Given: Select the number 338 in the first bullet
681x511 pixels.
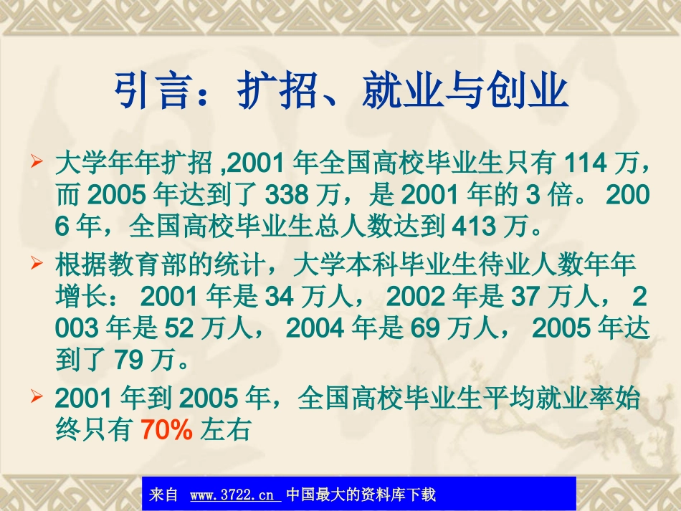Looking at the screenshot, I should (x=287, y=196).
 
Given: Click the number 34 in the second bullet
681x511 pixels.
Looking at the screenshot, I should (x=279, y=296).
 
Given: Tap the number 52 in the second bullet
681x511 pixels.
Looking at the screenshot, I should (x=179, y=328).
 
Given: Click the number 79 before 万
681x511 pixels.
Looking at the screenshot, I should (x=129, y=360).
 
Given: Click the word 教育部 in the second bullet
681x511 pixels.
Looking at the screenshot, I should (x=152, y=265).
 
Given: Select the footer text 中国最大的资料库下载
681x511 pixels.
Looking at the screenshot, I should (x=361, y=495).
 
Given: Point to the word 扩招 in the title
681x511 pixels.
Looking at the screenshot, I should (x=277, y=91).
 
